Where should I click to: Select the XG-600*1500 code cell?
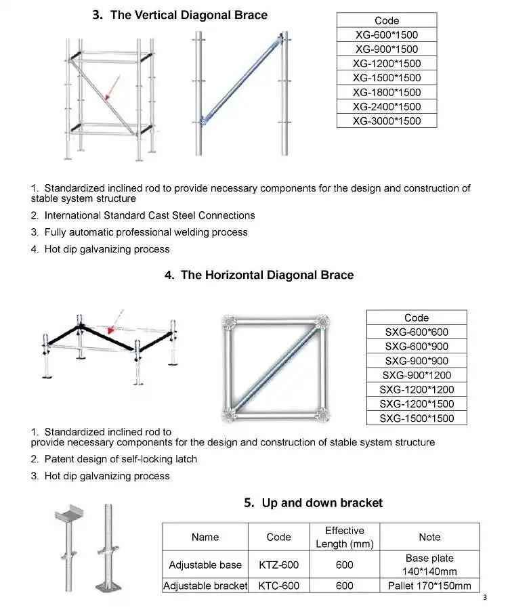tap(387, 35)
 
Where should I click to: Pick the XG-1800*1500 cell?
tap(387, 92)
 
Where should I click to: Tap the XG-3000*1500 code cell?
tap(387, 121)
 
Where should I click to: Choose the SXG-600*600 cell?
tap(417, 332)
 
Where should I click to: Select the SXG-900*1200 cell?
tap(417, 375)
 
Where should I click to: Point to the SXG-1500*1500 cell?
tap(417, 418)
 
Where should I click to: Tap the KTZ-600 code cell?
tap(278, 565)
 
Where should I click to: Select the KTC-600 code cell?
tap(278, 586)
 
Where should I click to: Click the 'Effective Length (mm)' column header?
tap(344, 538)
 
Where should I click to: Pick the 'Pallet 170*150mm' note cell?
tap(429, 586)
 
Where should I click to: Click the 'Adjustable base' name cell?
tap(205, 565)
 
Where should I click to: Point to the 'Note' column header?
tap(429, 538)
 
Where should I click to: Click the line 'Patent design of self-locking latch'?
tap(121, 459)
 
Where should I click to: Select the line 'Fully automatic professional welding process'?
tap(146, 232)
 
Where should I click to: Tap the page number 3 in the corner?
tap(485, 597)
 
